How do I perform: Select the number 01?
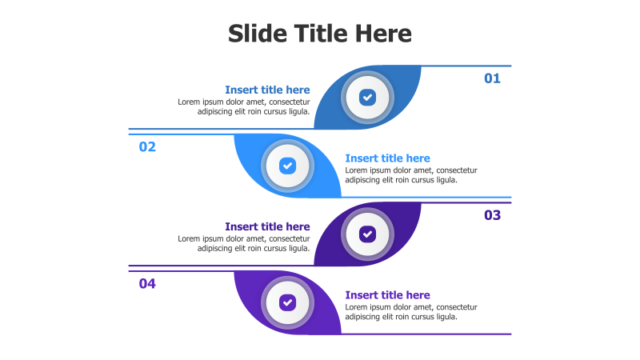(492, 78)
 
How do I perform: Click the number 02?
(147, 146)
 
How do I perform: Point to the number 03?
(492, 215)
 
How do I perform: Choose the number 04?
(147, 283)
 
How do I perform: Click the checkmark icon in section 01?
(367, 98)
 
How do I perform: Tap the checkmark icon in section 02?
(287, 166)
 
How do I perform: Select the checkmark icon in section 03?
(367, 234)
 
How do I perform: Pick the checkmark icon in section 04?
(287, 302)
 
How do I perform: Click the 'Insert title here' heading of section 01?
(267, 90)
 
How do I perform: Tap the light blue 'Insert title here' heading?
(387, 158)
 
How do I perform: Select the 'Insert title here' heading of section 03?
(267, 226)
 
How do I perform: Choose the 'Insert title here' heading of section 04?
(387, 295)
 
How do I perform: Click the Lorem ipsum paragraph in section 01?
(244, 106)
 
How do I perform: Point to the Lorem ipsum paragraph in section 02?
(411, 175)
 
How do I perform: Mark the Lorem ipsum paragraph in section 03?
(244, 243)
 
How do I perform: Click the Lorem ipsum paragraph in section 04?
(411, 312)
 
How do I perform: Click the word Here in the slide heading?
(383, 34)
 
